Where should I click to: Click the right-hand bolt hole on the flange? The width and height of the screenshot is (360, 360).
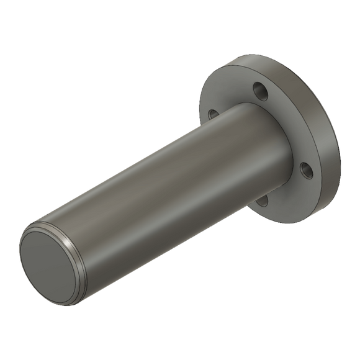(305, 169)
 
